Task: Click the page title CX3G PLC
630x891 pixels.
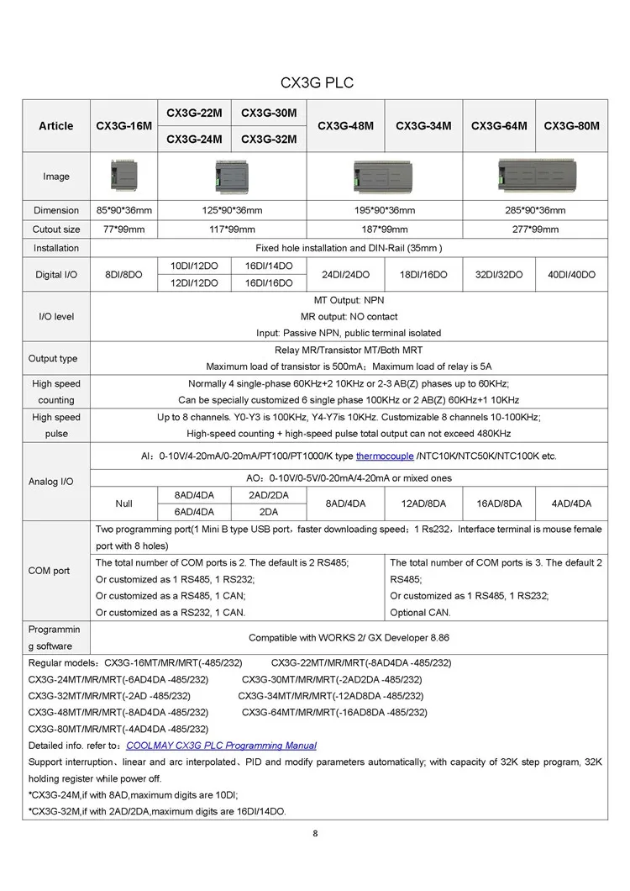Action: point(316,83)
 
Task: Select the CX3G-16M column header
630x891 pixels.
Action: point(123,126)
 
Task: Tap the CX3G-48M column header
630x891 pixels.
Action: point(345,126)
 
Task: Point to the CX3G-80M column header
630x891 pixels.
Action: point(571,126)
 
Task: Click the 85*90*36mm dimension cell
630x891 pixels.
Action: point(123,210)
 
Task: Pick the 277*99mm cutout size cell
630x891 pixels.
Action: point(534,229)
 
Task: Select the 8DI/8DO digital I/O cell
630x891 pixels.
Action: point(123,275)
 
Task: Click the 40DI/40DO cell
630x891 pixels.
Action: point(571,275)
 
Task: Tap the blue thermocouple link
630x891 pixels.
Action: point(385,456)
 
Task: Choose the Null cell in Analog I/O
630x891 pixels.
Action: point(123,503)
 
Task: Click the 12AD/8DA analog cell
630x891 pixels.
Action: point(423,503)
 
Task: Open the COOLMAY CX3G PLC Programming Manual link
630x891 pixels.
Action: point(221,746)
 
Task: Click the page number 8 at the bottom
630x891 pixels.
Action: point(315,834)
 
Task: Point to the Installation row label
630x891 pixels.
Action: point(56,248)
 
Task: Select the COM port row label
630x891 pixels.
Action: point(50,571)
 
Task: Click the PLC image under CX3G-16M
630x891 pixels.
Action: point(123,176)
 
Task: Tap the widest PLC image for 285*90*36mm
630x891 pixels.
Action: point(534,176)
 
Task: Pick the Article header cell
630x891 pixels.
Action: point(56,126)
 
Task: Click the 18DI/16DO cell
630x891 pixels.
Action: point(423,275)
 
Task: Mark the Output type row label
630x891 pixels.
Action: point(53,358)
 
